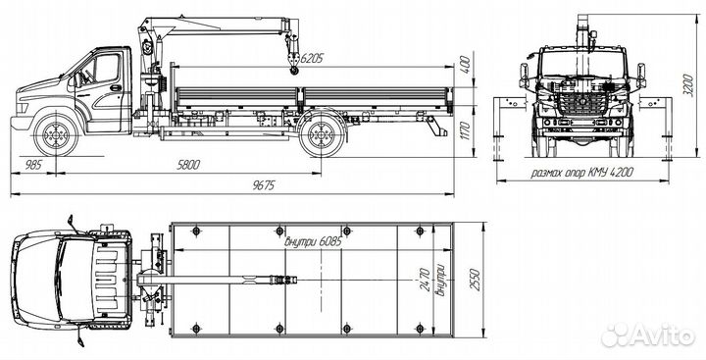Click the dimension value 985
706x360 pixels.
(x=33, y=165)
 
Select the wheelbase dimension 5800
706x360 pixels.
(x=188, y=165)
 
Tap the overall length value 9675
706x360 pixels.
(x=264, y=185)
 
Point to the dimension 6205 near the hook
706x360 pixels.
(x=312, y=58)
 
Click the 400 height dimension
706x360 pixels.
(x=466, y=65)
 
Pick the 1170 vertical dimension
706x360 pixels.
(x=466, y=130)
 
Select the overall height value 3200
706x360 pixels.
(x=688, y=84)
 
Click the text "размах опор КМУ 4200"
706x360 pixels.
(x=582, y=172)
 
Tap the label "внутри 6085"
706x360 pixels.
(x=314, y=241)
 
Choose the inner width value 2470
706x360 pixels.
(x=425, y=280)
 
